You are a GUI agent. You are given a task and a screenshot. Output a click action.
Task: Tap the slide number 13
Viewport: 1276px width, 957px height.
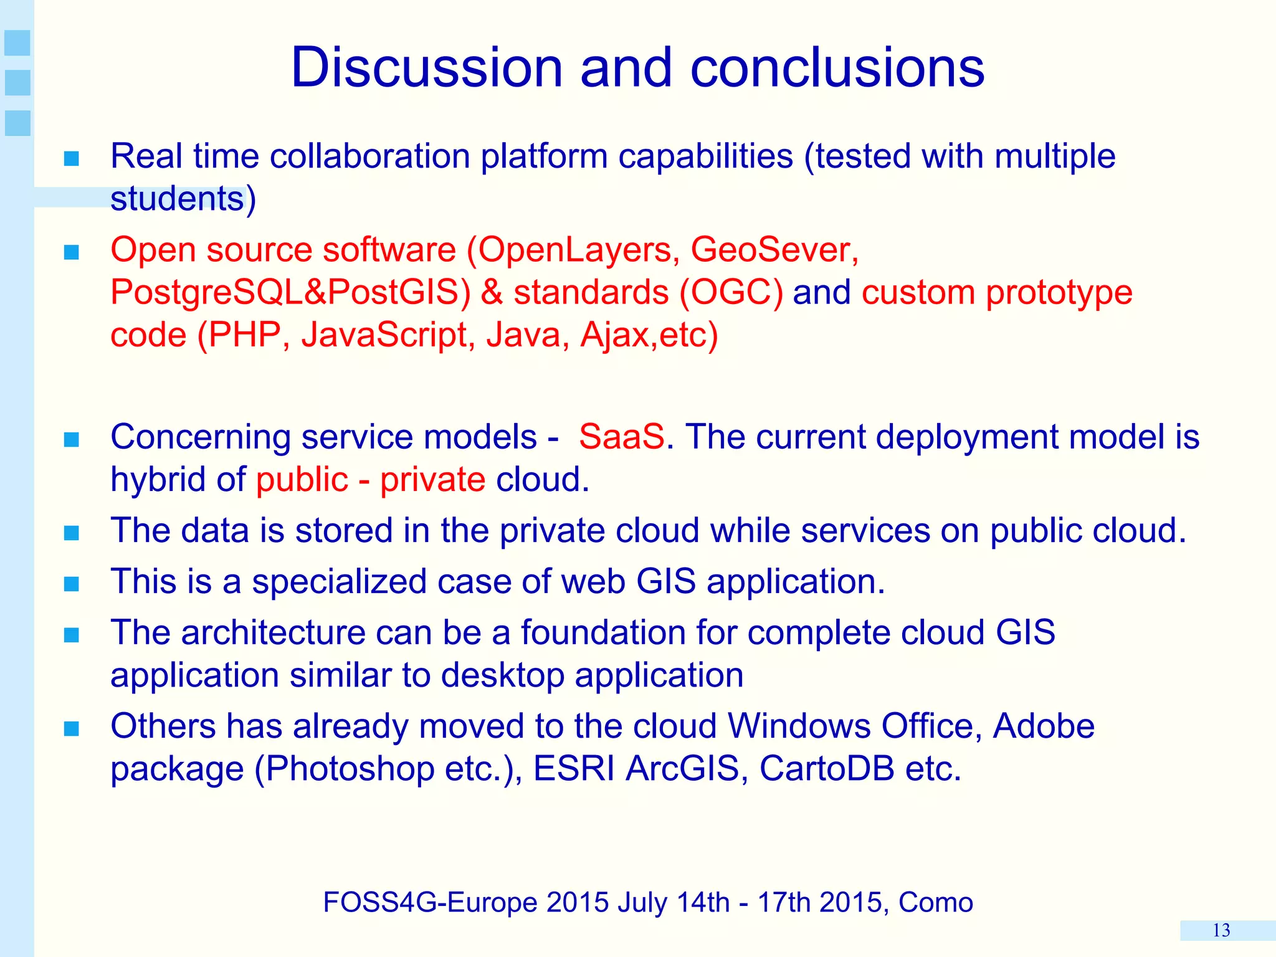pyautogui.click(x=1221, y=931)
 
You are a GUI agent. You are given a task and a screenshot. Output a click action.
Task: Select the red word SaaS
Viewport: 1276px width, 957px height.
pyautogui.click(x=621, y=437)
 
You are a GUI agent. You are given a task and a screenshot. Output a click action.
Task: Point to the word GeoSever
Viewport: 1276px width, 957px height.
pyautogui.click(x=769, y=250)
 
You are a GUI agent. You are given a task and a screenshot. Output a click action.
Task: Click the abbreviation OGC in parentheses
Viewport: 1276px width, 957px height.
pyautogui.click(x=732, y=292)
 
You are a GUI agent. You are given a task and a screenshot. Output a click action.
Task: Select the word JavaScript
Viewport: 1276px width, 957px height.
pyautogui.click(x=384, y=335)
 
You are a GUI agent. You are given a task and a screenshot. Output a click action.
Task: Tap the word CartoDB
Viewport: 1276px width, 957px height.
pyautogui.click(x=826, y=768)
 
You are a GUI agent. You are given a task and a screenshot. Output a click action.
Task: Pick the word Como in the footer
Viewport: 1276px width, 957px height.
pyautogui.click(x=935, y=902)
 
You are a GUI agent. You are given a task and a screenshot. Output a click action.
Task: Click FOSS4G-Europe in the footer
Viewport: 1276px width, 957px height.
pyautogui.click(x=430, y=902)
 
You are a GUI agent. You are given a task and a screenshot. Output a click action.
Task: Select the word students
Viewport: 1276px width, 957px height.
pyautogui.click(x=177, y=199)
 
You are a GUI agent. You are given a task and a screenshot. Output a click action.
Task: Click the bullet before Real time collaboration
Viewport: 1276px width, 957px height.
pyautogui.click(x=72, y=158)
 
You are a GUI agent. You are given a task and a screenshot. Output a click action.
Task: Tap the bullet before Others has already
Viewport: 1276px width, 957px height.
pyautogui.click(x=72, y=728)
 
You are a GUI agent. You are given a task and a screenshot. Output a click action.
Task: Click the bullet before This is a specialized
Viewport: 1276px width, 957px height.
pyautogui.click(x=72, y=584)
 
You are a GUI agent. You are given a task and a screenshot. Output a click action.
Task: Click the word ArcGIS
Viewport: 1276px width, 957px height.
pyautogui.click(x=682, y=768)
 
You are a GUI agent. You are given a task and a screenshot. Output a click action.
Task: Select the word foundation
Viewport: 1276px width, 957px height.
pyautogui.click(x=603, y=632)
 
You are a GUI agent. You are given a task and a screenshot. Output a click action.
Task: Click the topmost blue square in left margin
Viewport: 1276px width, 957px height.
pyautogui.click(x=17, y=43)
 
